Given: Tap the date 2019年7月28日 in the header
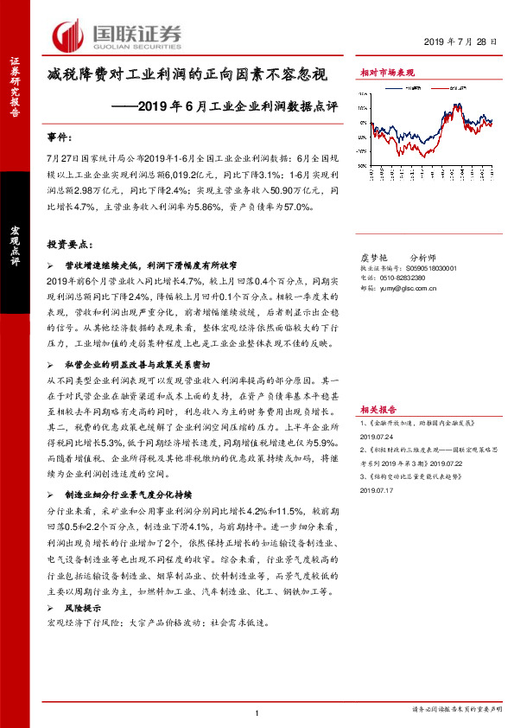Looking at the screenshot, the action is coord(463,42).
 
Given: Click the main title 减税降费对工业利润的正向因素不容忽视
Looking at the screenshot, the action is coord(187,75).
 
